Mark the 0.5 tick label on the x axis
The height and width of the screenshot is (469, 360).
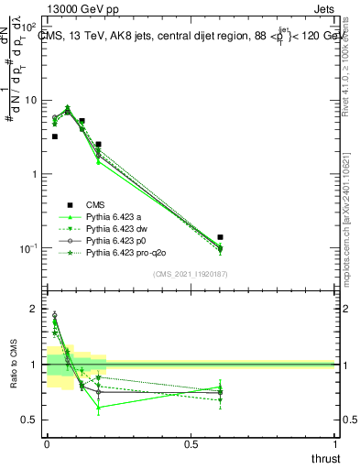[191, 443]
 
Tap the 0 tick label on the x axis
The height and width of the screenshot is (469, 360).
[47, 443]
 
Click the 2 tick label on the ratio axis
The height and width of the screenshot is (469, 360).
[34, 310]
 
